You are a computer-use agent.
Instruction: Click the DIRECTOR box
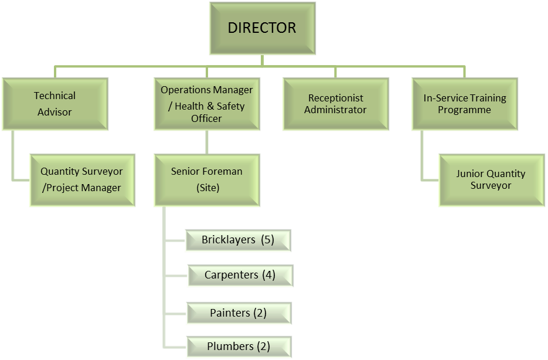pyautogui.click(x=262, y=28)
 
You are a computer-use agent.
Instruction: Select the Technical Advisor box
pyautogui.click(x=55, y=104)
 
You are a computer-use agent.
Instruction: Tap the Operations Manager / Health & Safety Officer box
pyautogui.click(x=206, y=104)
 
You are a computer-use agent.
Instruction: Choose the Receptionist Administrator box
pyautogui.click(x=335, y=104)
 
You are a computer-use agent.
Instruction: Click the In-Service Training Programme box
pyautogui.click(x=465, y=104)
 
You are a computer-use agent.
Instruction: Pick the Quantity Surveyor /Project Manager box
pyautogui.click(x=81, y=180)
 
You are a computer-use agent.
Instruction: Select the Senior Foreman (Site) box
pyautogui.click(x=206, y=180)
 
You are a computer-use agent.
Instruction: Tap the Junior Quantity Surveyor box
pyautogui.click(x=491, y=180)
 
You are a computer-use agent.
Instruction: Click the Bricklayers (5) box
pyautogui.click(x=237, y=240)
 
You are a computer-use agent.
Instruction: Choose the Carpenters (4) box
pyautogui.click(x=240, y=275)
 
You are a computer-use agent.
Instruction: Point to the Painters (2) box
pyautogui.click(x=238, y=313)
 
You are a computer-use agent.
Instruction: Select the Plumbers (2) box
pyautogui.click(x=238, y=346)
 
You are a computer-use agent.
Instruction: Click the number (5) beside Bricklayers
pyautogui.click(x=268, y=240)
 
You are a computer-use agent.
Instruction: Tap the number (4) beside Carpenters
pyautogui.click(x=269, y=275)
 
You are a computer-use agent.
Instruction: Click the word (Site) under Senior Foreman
pyautogui.click(x=206, y=188)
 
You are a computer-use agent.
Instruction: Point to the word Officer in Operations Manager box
pyautogui.click(x=206, y=118)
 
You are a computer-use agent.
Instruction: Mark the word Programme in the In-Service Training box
pyautogui.click(x=465, y=110)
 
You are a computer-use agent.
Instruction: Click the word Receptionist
pyautogui.click(x=335, y=98)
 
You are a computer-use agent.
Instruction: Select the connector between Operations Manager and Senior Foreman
pyautogui.click(x=206, y=142)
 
